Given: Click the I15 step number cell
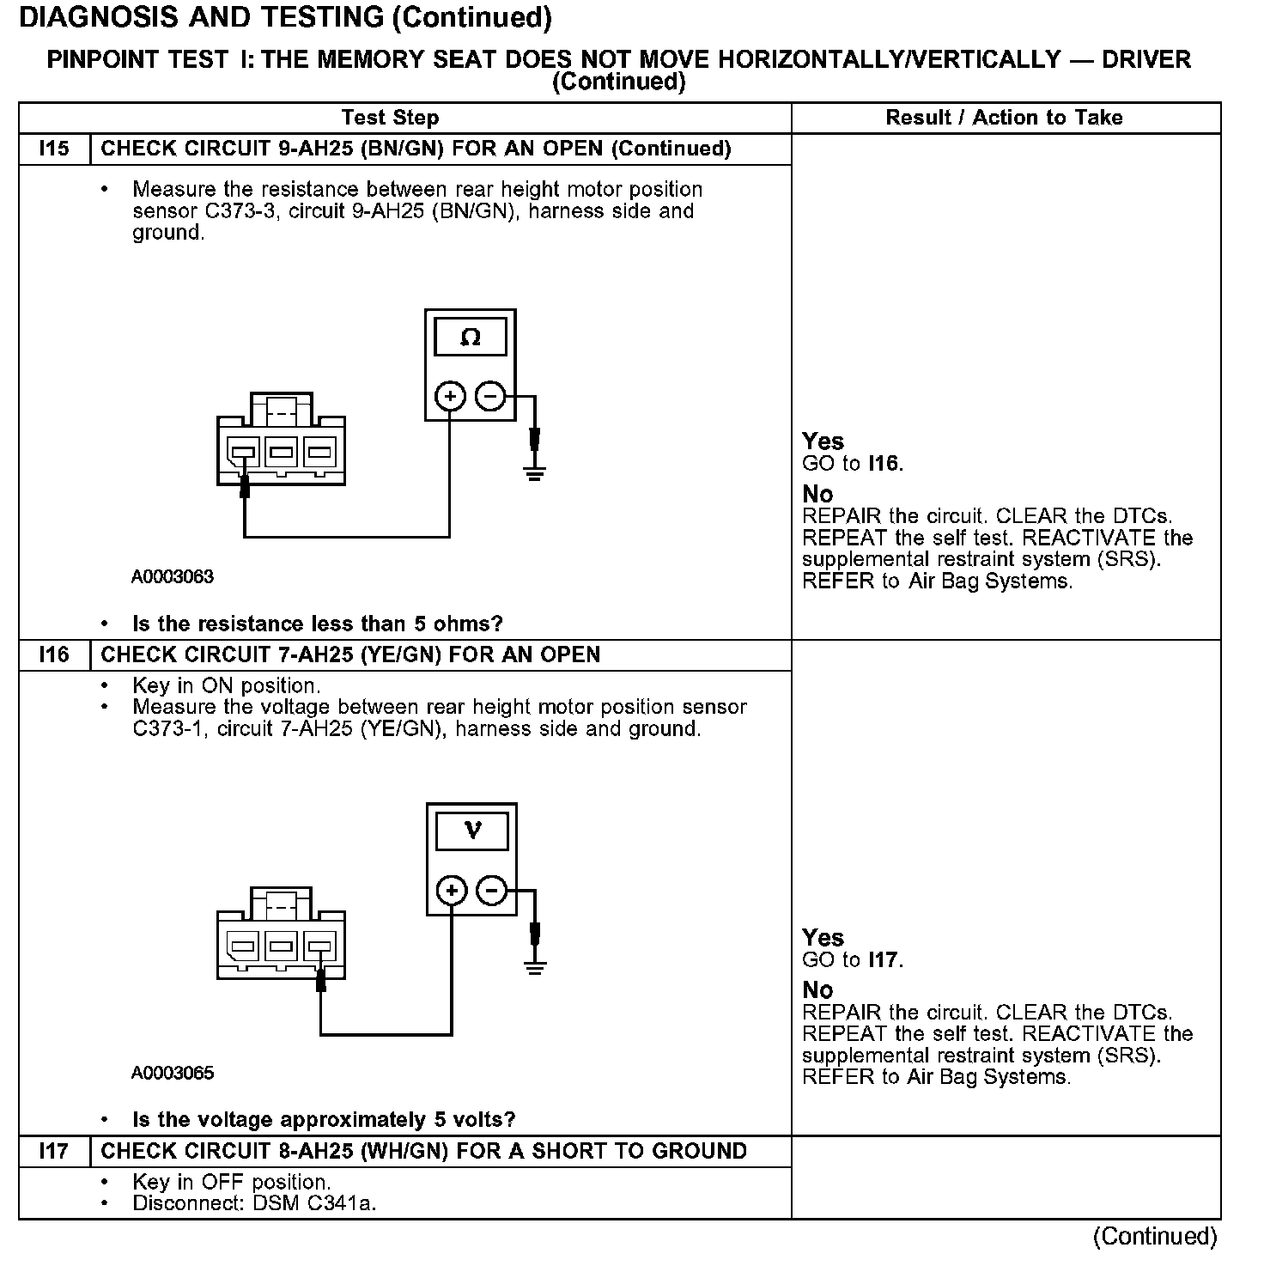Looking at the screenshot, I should point(54,149).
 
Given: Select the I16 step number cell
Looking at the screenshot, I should point(54,655).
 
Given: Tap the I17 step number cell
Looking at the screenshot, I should point(54,1152).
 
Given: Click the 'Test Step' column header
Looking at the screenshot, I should point(390,118).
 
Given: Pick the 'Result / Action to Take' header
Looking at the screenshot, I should point(1004,118).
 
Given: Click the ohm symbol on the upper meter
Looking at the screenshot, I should point(471,338).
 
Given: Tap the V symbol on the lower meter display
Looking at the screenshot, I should point(472,831).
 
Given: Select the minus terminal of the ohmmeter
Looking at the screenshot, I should point(490,397).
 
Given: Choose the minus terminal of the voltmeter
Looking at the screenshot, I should point(492,891).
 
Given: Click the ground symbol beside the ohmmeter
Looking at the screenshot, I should point(534,472).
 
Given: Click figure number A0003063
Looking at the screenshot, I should point(173,577).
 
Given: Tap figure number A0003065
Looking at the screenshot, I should point(173,1073).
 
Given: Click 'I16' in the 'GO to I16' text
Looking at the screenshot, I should point(884,464).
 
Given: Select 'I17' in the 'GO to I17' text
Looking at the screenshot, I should point(884,960).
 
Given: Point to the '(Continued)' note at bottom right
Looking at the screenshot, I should point(1155,1236).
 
